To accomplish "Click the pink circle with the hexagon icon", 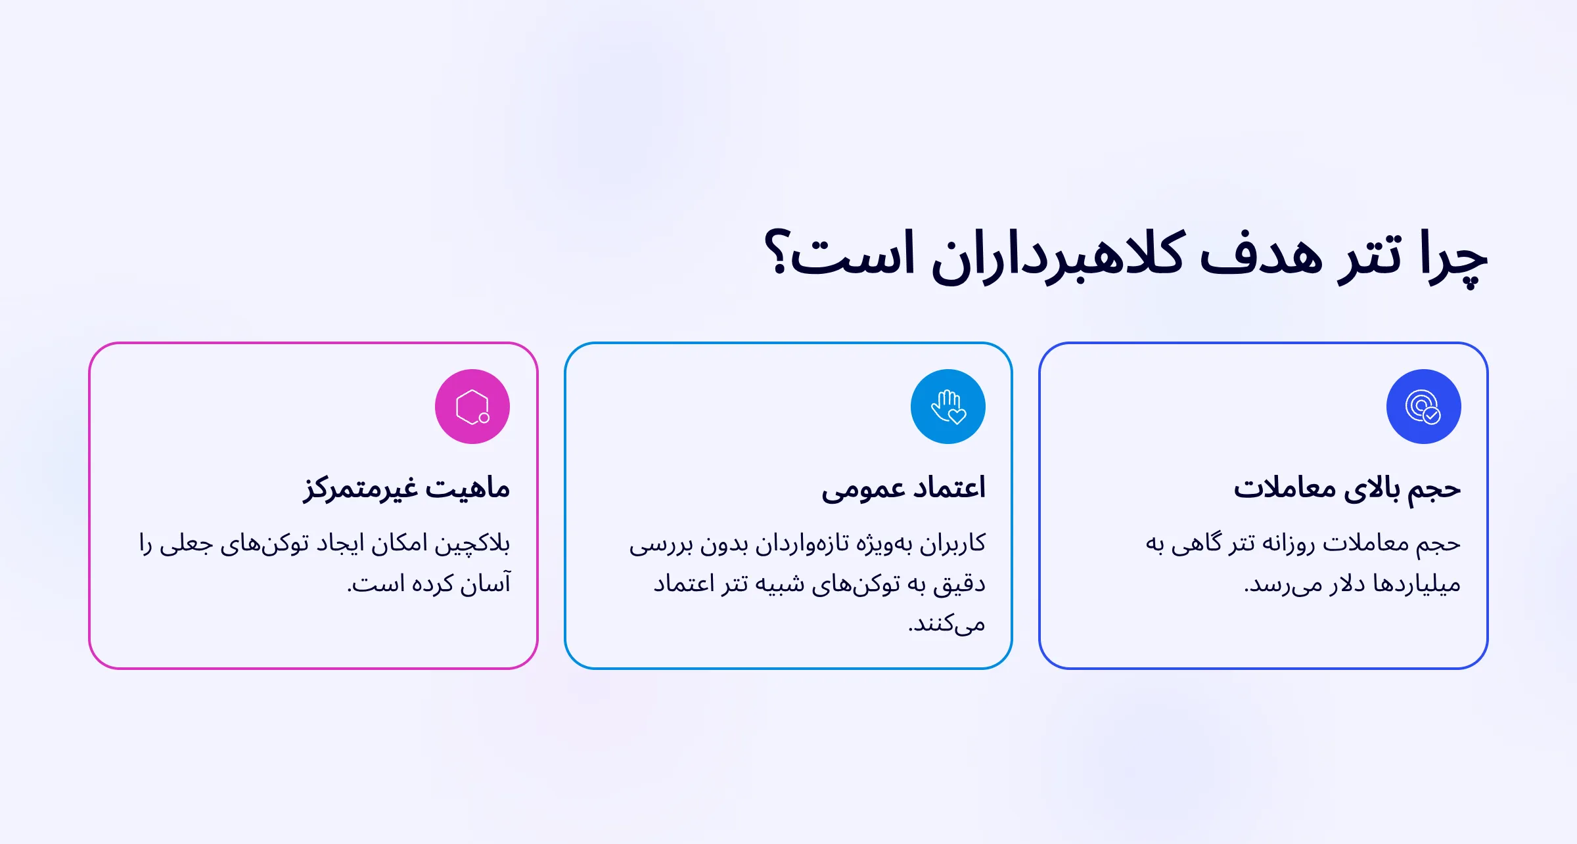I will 472,407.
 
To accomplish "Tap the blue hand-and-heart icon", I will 948,407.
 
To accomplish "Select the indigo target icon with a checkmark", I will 1423,407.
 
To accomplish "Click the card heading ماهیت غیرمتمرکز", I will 407,489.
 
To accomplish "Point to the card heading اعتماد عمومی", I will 903,489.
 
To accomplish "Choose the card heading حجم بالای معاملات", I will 1347,489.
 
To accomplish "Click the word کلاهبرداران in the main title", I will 1058,256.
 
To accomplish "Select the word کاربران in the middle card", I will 953,544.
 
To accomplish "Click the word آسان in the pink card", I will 486,584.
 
